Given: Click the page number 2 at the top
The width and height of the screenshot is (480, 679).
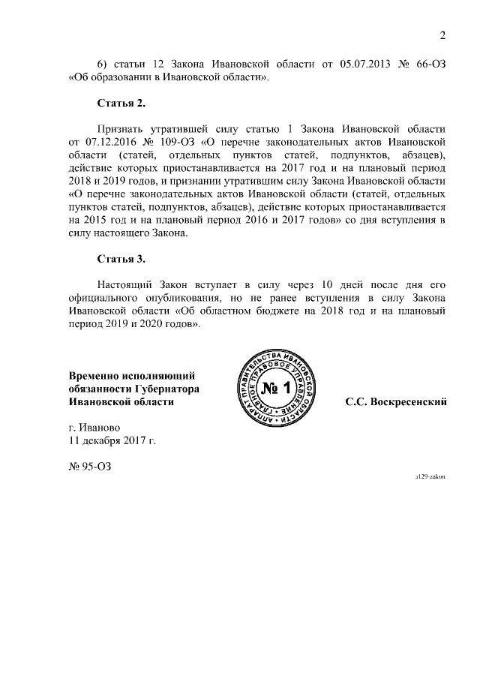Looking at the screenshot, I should coord(442,35).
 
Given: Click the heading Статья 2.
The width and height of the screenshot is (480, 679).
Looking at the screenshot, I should coord(121,101).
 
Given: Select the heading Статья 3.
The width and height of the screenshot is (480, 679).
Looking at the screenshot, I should coord(121,259).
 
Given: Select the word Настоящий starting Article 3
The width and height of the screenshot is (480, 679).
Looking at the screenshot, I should coord(126,284).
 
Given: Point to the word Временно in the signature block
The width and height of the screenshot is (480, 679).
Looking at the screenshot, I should coord(94,374).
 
